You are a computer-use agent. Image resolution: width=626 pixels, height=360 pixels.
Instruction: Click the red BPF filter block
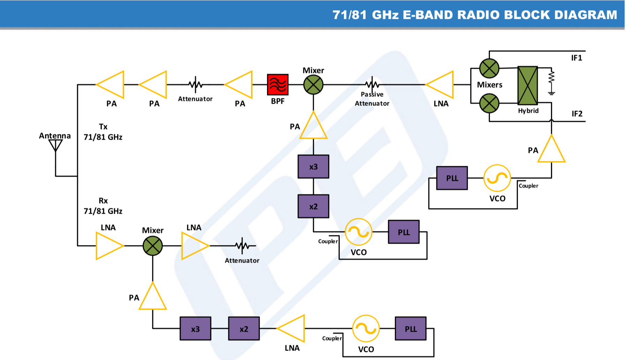[278, 85]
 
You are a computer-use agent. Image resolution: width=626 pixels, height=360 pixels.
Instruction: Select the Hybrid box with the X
[528, 86]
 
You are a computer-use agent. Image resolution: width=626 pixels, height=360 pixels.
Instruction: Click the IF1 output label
[576, 58]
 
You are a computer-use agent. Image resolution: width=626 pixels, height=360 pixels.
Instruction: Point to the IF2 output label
[577, 114]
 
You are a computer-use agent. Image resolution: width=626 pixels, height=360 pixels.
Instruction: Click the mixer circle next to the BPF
[313, 85]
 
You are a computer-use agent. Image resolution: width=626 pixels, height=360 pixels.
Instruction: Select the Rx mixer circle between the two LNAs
[153, 246]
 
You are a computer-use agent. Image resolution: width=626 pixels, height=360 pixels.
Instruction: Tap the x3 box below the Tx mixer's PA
[313, 167]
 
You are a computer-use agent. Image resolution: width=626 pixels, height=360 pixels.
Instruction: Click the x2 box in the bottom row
[244, 329]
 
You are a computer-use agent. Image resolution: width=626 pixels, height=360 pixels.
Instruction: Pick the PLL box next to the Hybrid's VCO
[452, 178]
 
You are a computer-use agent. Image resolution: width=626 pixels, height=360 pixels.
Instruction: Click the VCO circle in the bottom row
[366, 329]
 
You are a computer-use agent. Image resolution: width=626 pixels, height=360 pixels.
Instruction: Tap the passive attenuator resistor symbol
[372, 84]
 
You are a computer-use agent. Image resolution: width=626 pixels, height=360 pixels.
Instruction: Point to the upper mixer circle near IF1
[489, 68]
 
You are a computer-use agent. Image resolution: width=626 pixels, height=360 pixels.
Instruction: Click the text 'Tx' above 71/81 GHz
[103, 127]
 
